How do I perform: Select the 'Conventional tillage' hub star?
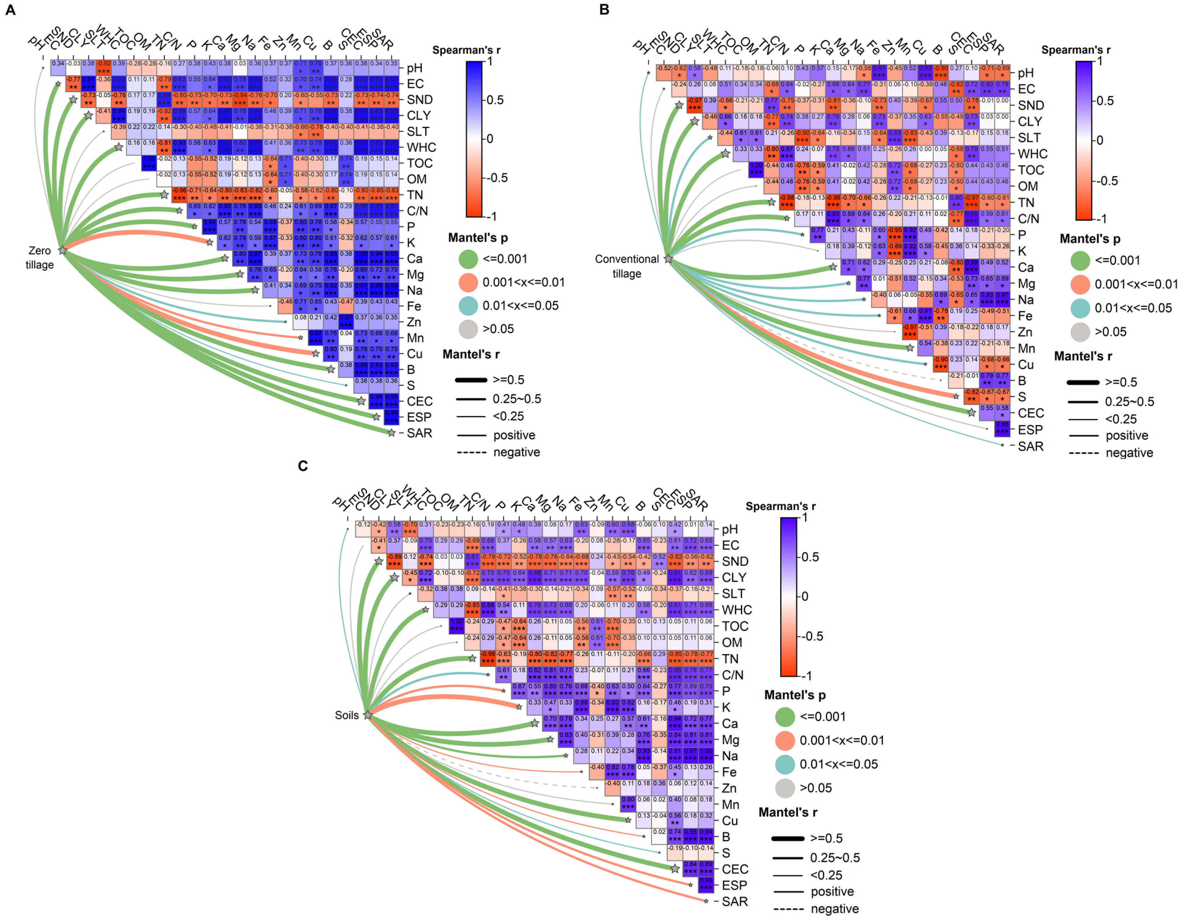668,259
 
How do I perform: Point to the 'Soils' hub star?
368,715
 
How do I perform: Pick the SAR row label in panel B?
1030,446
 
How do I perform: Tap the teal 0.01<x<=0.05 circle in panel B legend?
1080,308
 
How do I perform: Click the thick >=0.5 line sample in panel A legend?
470,380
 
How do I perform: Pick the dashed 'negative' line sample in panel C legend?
788,909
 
